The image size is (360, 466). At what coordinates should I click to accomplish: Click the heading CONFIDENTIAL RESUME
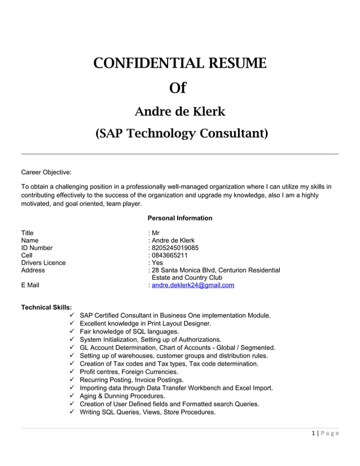coord(179,63)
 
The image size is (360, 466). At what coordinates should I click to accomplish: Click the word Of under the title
coord(178,89)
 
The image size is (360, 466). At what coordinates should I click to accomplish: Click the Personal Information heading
coord(179,218)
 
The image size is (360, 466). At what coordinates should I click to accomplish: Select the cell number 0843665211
coord(170,255)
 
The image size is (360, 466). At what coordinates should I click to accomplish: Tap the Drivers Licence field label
coord(43,263)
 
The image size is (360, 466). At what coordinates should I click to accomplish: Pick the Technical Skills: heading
coord(46,307)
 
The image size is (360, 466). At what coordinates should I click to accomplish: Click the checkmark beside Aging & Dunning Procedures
coord(72,396)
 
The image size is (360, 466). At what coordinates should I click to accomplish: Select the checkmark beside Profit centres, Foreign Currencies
coord(72,372)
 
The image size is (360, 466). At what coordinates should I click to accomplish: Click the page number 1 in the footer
coord(313,434)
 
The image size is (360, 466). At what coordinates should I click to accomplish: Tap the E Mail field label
coord(30,285)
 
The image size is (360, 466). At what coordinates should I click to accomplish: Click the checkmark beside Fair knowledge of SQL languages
coord(72,332)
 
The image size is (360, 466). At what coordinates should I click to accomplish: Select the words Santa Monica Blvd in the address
coord(190,270)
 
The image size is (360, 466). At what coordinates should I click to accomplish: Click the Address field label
coord(33,270)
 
